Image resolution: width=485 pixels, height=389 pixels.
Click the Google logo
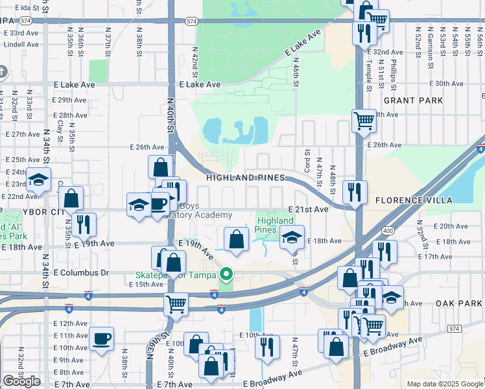(22, 381)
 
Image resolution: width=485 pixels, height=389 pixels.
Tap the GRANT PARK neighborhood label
(413, 100)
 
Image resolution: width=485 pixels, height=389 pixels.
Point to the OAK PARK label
(458, 303)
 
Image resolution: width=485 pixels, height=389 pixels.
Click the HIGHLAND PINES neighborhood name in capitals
(245, 178)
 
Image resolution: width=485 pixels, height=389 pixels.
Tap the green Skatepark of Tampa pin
(226, 275)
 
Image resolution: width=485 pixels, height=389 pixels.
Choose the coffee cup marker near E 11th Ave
(102, 338)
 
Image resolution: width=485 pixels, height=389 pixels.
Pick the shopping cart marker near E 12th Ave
(176, 303)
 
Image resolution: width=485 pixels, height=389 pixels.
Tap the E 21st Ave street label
(307, 210)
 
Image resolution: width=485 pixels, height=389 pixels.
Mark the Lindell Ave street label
(21, 44)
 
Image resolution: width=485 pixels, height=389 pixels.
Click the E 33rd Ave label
(20, 32)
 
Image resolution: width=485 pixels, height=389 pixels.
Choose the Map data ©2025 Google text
(444, 384)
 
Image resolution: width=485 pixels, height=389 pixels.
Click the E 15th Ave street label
(146, 285)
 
